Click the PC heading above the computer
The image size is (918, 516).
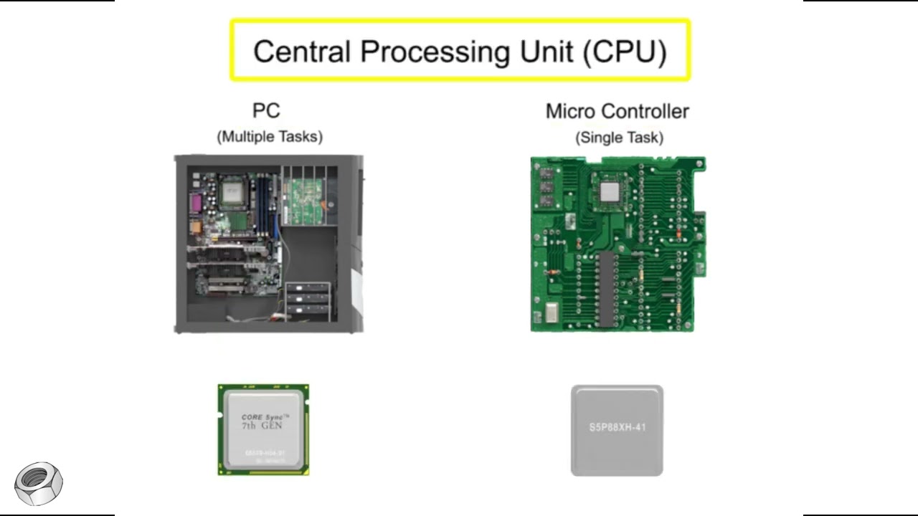pos(266,111)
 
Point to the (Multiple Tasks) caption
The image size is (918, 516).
pos(270,136)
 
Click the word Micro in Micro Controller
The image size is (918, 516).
pos(570,111)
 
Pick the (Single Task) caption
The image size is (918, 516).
pos(619,137)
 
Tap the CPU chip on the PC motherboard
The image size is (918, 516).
pos(232,191)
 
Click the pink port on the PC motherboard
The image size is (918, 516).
pos(194,206)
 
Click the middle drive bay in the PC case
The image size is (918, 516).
pos(308,300)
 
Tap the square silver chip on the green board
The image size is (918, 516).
pos(609,191)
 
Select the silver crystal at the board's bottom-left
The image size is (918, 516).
pos(552,313)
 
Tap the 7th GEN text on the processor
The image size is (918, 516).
pos(262,426)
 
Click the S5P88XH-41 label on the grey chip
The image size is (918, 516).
pos(617,428)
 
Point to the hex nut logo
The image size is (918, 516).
pos(39,483)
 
